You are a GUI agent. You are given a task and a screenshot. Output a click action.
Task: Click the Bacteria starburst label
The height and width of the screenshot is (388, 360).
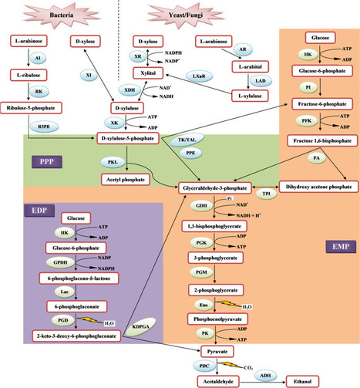click(62, 15)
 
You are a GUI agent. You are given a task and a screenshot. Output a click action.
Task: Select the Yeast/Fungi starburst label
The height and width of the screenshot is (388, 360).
click(186, 15)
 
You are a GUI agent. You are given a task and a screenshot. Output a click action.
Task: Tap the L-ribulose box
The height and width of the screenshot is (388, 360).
click(29, 75)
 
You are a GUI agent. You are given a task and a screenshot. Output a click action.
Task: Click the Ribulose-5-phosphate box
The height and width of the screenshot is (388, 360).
click(31, 108)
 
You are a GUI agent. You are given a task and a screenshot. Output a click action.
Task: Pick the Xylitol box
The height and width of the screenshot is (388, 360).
click(148, 73)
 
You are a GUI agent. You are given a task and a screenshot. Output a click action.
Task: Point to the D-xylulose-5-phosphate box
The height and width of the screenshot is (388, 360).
click(128, 138)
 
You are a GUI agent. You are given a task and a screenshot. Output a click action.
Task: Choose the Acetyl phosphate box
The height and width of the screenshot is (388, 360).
click(126, 180)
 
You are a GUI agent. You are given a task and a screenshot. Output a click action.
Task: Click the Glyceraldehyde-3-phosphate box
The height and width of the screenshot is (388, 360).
click(215, 188)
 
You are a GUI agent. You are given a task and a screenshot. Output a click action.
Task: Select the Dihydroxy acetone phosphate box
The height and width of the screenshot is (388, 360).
click(318, 187)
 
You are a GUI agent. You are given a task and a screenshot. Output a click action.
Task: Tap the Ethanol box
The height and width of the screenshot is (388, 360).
click(302, 382)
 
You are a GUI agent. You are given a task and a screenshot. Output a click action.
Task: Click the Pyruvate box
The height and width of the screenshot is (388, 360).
click(217, 352)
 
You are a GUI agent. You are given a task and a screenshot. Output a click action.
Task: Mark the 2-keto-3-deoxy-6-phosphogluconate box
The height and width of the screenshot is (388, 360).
click(76, 336)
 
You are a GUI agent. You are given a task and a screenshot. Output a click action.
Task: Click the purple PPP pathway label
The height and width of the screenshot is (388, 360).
click(47, 162)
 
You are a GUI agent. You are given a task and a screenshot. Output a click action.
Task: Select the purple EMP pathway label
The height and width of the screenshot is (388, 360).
click(341, 247)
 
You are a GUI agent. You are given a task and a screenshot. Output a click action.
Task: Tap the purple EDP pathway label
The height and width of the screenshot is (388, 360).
click(39, 211)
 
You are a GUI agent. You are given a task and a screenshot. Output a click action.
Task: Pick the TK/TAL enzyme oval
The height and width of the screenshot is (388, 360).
click(187, 140)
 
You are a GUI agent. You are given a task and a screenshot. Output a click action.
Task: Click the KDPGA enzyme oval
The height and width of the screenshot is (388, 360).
click(140, 327)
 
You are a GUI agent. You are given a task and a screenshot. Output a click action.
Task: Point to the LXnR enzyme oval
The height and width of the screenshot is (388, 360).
click(199, 76)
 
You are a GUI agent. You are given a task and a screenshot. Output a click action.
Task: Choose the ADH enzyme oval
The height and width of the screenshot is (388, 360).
click(265, 376)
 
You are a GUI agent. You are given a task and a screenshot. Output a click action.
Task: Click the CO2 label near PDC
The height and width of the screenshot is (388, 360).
click(248, 368)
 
